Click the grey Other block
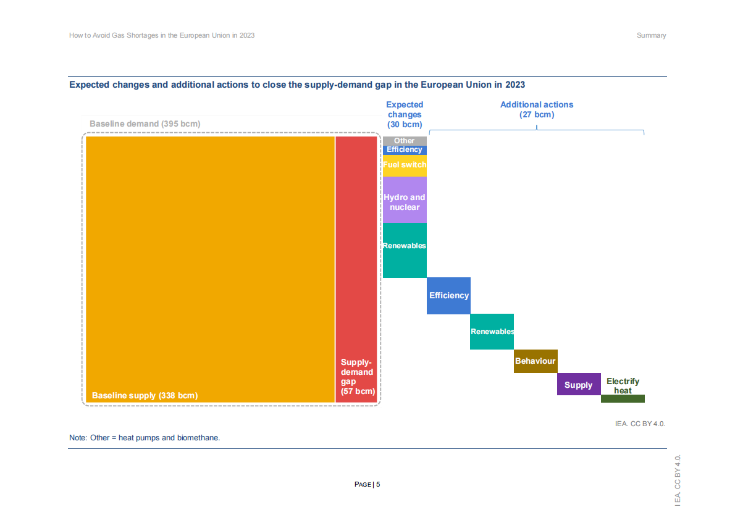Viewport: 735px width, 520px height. (x=405, y=141)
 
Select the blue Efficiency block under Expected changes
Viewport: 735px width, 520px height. (x=405, y=150)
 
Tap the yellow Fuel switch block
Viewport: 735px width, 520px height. (x=405, y=166)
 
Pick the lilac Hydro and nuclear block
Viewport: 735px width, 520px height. (x=405, y=199)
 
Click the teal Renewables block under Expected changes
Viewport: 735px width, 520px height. (x=405, y=250)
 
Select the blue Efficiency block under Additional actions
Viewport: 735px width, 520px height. (x=448, y=296)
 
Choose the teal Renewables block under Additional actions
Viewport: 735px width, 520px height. (x=492, y=332)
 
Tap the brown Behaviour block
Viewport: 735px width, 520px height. (x=535, y=361)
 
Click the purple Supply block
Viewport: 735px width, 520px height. (x=579, y=384)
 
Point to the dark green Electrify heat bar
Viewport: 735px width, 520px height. (x=623, y=399)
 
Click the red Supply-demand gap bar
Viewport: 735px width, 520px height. (x=356, y=269)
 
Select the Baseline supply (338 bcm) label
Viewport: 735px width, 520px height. (x=145, y=395)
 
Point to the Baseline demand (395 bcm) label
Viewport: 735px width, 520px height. (x=145, y=124)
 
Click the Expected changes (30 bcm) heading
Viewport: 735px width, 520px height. (x=405, y=114)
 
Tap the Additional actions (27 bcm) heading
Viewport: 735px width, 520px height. (x=537, y=109)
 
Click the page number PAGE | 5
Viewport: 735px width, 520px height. (x=367, y=484)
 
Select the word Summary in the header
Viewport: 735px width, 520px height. (x=651, y=35)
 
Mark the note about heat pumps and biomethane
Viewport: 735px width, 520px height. (x=145, y=438)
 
